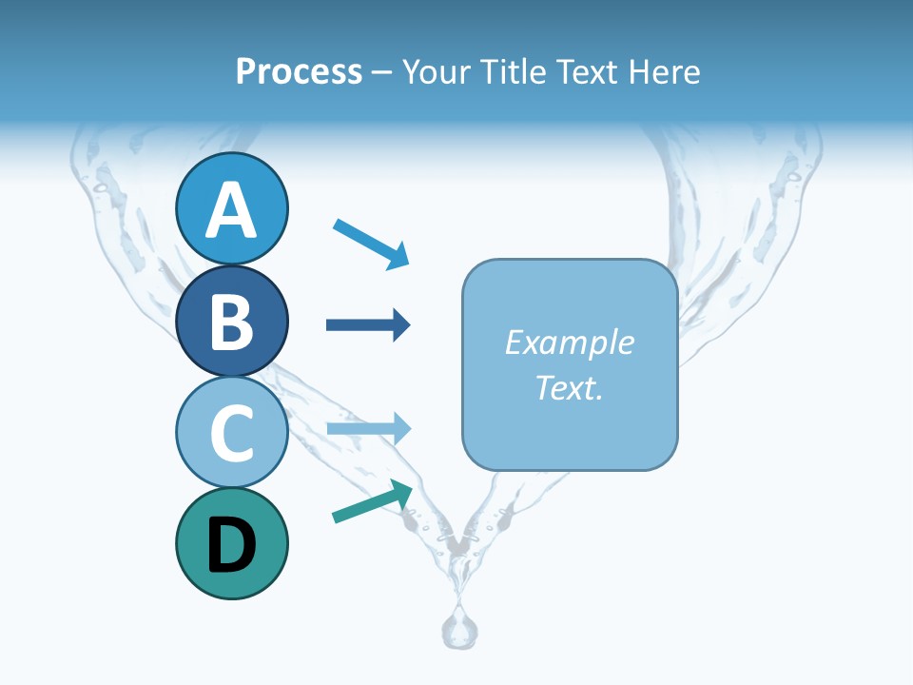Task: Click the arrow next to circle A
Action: tap(371, 243)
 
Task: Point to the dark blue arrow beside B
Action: tap(368, 325)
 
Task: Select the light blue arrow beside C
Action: tap(368, 429)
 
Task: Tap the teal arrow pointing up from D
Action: tap(372, 501)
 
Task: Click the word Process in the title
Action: tap(299, 72)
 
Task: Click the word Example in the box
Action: tap(569, 342)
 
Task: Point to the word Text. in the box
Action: tap(569, 387)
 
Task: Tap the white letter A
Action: tap(232, 210)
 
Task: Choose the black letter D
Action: tap(232, 545)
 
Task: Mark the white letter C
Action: tap(232, 433)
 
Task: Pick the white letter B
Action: tap(232, 322)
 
